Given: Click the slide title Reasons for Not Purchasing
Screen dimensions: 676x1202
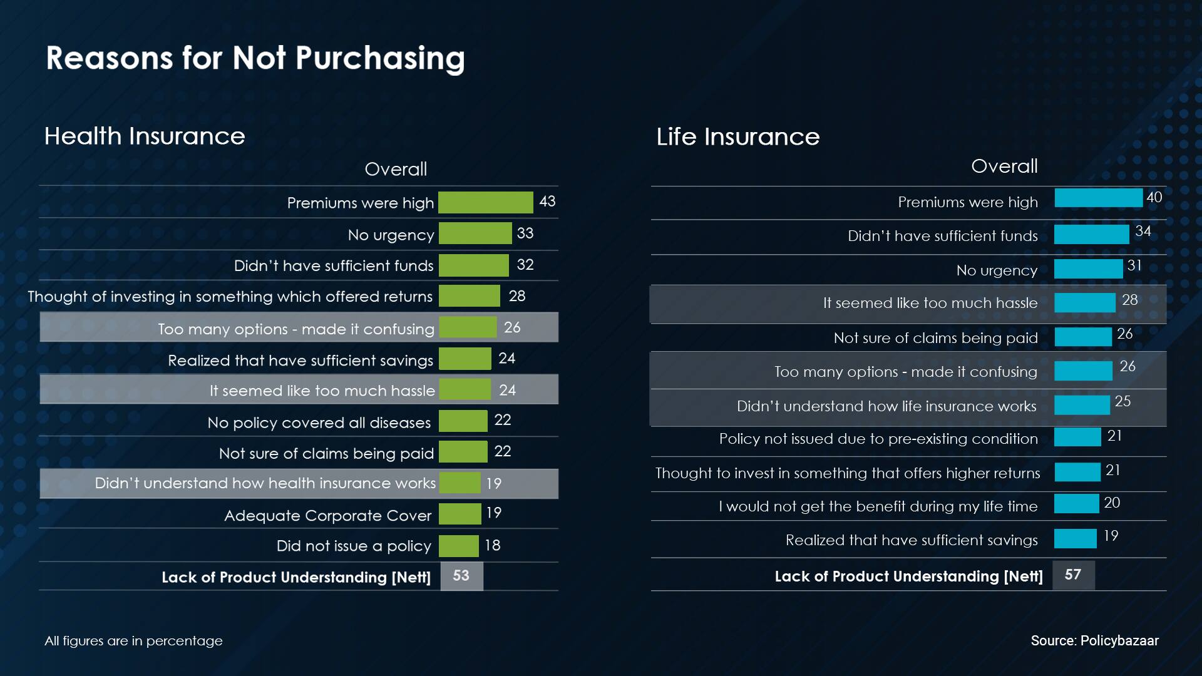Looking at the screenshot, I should (x=255, y=58).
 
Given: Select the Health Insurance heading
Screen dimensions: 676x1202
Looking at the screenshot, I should (x=145, y=136).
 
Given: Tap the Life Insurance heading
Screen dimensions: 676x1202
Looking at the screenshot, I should (x=737, y=136).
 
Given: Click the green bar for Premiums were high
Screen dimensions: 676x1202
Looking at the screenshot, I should (x=485, y=202).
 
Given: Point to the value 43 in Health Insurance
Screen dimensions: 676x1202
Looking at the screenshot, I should (x=547, y=202).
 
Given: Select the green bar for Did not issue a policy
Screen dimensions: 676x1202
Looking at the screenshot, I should (x=458, y=546).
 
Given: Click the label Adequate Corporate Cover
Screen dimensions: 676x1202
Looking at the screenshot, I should (x=328, y=515).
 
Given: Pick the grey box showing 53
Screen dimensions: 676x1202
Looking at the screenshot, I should (x=461, y=576).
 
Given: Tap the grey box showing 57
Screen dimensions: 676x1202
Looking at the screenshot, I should (x=1073, y=575).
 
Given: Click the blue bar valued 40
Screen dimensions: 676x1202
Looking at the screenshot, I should (x=1098, y=198).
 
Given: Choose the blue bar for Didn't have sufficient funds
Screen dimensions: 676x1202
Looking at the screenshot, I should (x=1091, y=234).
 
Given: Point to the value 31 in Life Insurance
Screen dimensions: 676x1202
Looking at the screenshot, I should (x=1134, y=265).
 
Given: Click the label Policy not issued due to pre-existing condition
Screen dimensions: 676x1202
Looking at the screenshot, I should (x=878, y=439).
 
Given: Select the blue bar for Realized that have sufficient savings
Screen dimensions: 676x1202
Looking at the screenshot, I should (x=1075, y=538).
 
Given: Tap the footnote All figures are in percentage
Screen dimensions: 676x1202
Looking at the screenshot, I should (x=133, y=641).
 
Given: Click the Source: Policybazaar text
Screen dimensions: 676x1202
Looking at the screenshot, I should (x=1094, y=641).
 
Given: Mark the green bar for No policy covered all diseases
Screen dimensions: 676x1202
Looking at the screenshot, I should (x=463, y=421).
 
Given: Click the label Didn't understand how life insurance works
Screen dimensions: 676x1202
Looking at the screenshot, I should (x=886, y=406).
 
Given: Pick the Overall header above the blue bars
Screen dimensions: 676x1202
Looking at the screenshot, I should (x=1004, y=166).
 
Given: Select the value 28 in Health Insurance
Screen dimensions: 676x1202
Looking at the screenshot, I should (x=516, y=296).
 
